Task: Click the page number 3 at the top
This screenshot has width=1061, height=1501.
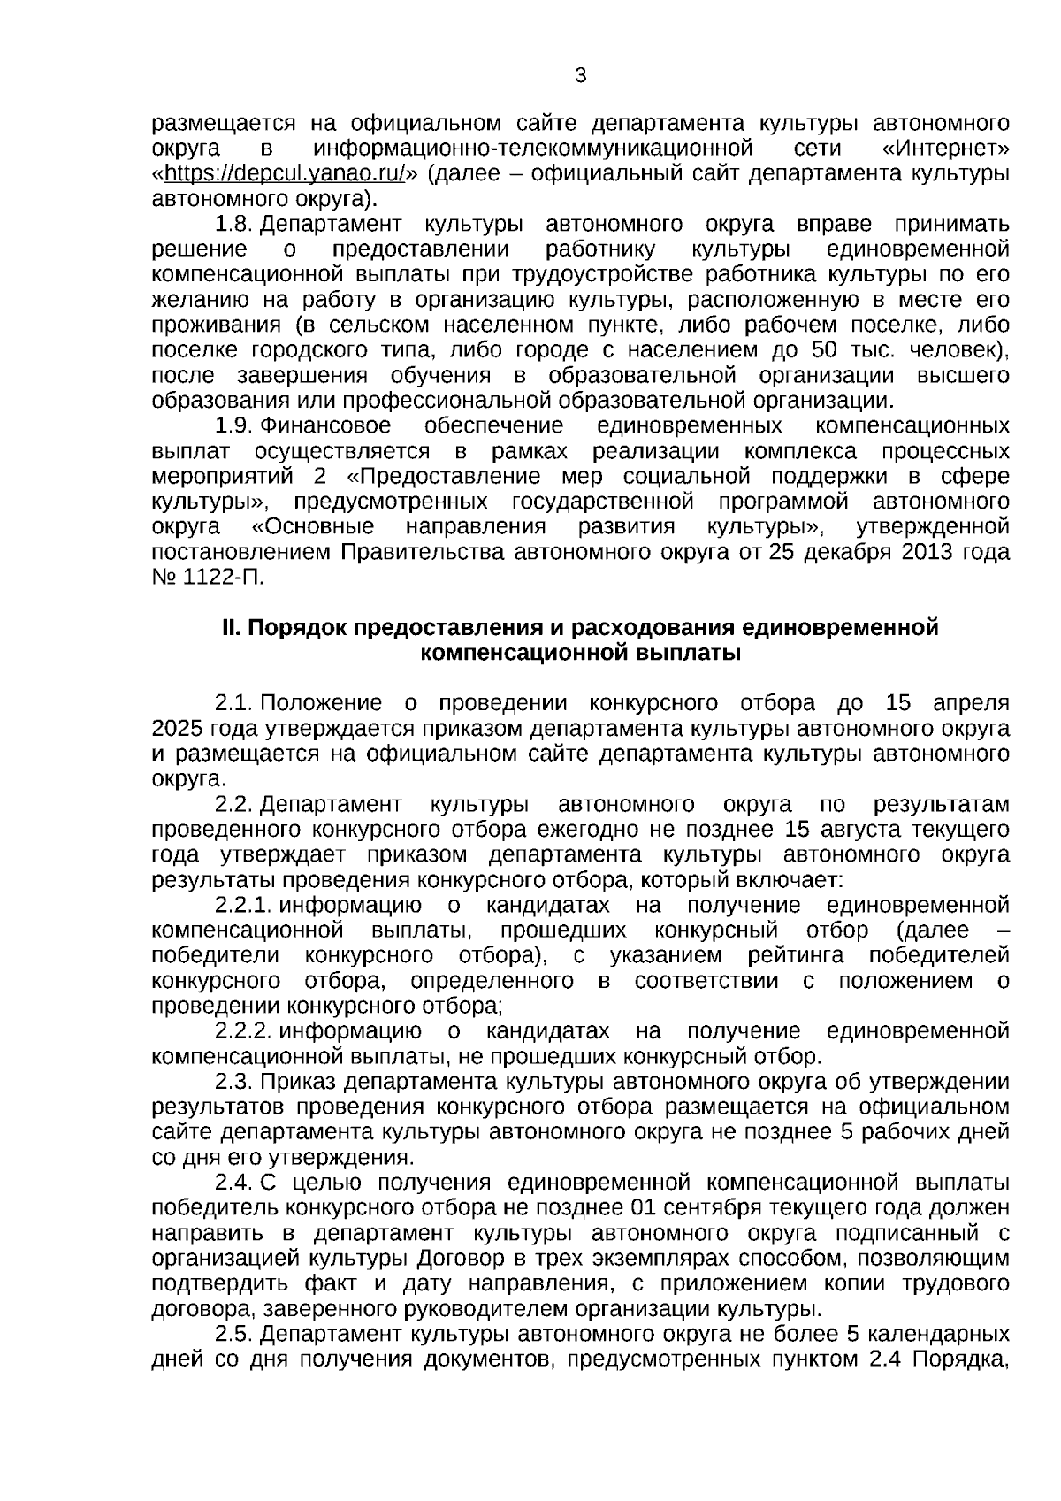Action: (581, 77)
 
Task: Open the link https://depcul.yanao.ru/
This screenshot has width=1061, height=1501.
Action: (285, 173)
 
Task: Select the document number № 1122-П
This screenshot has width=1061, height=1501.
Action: (208, 578)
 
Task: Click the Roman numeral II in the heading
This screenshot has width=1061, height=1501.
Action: (230, 629)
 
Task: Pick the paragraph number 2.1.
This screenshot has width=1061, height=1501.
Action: (234, 704)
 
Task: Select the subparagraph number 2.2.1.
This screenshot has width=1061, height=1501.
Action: (242, 906)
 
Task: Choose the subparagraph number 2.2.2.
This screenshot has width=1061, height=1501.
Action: (242, 1032)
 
